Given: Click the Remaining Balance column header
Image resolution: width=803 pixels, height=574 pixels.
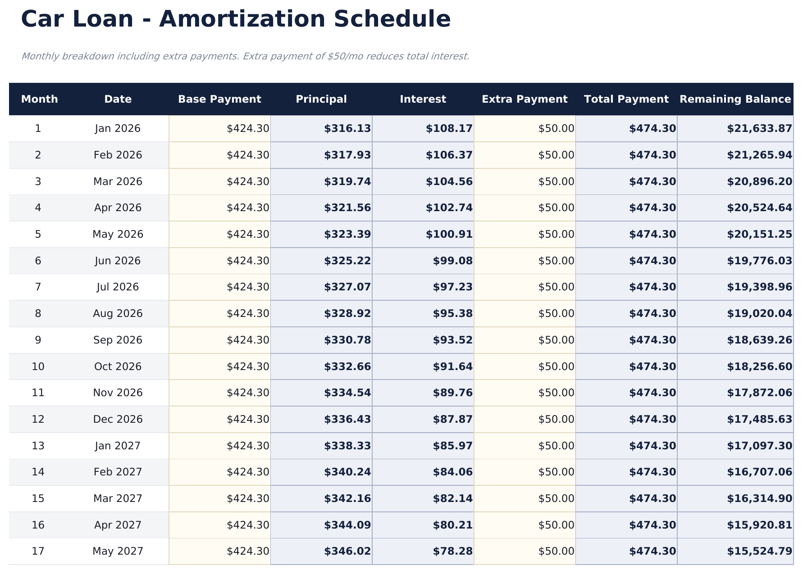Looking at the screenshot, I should [x=735, y=99].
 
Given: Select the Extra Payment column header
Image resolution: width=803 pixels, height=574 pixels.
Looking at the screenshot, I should [x=525, y=99].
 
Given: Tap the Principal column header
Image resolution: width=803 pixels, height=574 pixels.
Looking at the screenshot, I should [x=321, y=99].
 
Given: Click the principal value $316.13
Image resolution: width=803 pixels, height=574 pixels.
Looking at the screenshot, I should [x=347, y=129].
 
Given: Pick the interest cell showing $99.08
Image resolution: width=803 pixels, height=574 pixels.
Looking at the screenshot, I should [x=453, y=261].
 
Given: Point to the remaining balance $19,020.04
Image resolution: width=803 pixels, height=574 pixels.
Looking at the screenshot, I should [x=759, y=314].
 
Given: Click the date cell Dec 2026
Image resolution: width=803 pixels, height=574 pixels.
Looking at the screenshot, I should [x=118, y=420].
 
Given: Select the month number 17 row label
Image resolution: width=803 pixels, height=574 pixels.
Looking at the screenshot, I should [x=38, y=551].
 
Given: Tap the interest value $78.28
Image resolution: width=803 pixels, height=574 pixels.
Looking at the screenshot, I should [x=453, y=551].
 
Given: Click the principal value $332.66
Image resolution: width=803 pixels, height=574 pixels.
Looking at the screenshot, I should [x=347, y=367].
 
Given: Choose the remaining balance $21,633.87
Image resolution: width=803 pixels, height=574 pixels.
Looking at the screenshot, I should [x=759, y=129].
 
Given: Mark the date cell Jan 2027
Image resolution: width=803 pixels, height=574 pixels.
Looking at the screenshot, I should [x=118, y=446].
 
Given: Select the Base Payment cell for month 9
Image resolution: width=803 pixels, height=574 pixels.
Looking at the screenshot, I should [x=248, y=340].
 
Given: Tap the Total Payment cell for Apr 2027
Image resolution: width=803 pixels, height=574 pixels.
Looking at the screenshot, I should [x=652, y=525].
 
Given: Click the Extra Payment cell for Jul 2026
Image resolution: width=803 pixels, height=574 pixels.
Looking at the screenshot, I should [x=556, y=287].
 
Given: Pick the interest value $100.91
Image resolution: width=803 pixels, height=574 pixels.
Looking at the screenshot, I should [x=449, y=235].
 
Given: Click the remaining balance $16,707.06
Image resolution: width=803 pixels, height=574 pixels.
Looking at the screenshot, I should [x=759, y=472].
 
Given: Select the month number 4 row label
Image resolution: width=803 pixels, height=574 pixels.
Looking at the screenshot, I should [x=38, y=208].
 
